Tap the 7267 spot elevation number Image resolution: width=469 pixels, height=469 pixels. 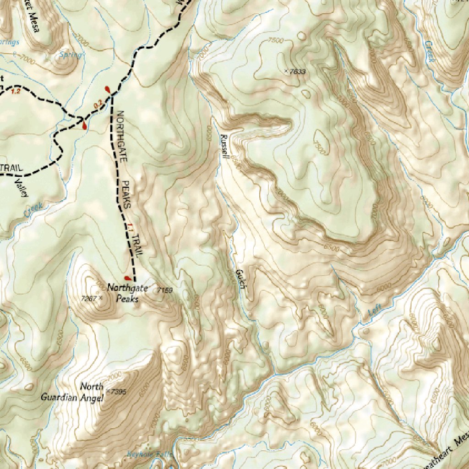click(x=89, y=298)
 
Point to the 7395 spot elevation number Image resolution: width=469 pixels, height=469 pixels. click(x=118, y=392)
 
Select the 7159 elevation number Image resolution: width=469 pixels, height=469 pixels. click(x=164, y=290)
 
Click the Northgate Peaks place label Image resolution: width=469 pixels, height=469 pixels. click(x=122, y=293)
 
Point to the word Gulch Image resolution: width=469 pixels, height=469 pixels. click(x=239, y=279)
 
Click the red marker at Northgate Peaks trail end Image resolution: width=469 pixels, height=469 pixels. click(x=127, y=278)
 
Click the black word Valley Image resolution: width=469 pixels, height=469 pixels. click(x=20, y=188)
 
